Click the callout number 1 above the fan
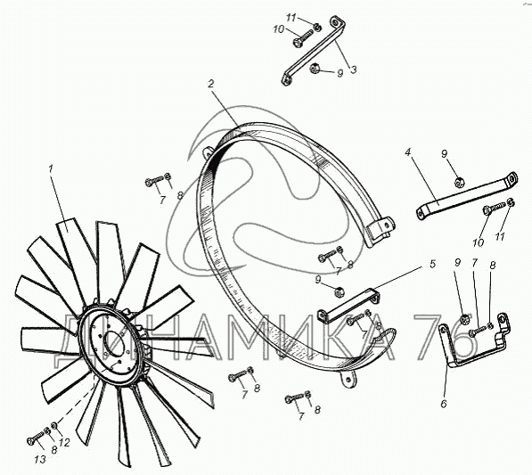51,168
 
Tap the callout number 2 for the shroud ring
211,84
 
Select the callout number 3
353,70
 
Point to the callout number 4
408,152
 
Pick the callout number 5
432,264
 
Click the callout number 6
444,404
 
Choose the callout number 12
64,442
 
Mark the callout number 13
40,459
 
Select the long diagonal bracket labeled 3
315,50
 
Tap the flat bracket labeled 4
467,196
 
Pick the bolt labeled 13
35,438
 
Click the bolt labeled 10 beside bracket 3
304,37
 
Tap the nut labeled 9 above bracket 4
459,182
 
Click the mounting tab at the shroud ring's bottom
348,378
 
